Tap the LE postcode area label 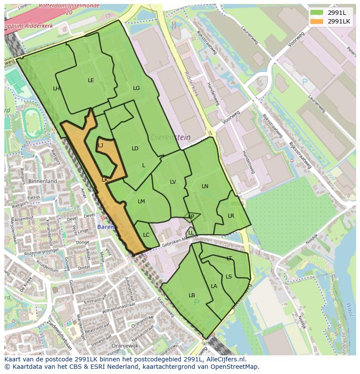coord(91,80)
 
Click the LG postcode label coord(137,88)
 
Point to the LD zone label coord(135,149)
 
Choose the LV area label coord(173,182)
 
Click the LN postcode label coord(205,186)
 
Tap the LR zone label coord(231,216)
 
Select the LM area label coord(141,202)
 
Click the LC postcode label coord(146,235)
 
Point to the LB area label coord(192,295)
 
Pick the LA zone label coord(214,286)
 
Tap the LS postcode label coord(229,277)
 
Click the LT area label coord(229,258)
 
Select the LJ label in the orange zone coord(100,146)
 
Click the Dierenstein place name coord(171,137)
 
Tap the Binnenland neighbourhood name coord(43,181)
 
